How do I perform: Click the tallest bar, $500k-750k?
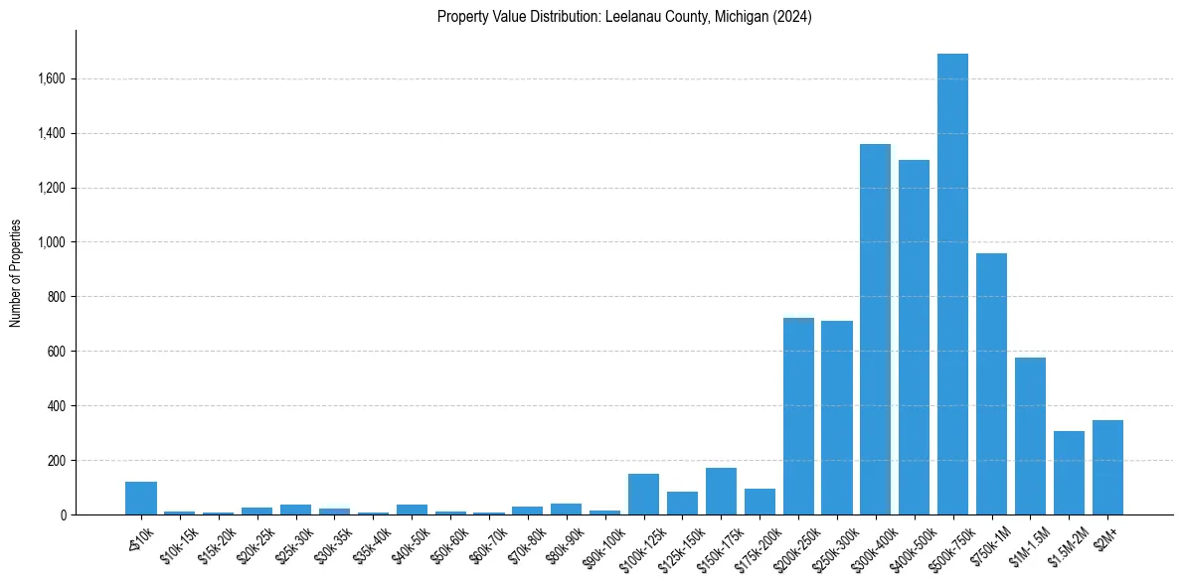(x=952, y=288)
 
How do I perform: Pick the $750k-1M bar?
(x=991, y=387)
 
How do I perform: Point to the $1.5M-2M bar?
(x=1069, y=475)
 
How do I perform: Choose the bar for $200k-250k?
(x=798, y=417)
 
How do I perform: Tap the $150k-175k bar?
(x=721, y=492)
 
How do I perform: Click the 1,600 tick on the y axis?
(x=51, y=78)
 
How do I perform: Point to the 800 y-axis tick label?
(x=57, y=297)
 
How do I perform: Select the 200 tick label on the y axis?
(x=57, y=461)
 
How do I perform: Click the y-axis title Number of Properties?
(x=15, y=273)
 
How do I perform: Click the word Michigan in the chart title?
(x=739, y=17)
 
